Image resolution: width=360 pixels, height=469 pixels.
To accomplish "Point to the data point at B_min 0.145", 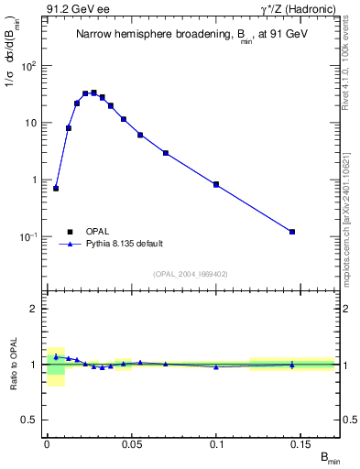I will (x=292, y=232).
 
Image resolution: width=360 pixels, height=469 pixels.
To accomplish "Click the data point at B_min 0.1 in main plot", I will (x=216, y=184).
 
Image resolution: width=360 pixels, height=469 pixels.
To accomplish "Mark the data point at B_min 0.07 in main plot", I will (x=166, y=153).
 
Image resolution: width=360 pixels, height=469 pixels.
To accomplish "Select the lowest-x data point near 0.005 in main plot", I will (x=56, y=188).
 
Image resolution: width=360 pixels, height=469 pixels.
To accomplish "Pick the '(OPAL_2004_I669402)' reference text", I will (x=191, y=273).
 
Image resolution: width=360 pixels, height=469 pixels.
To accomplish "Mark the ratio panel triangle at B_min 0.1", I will (x=216, y=366).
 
